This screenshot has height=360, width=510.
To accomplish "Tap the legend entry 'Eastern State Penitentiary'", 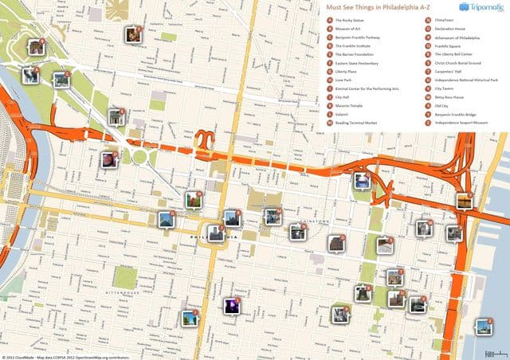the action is tap(359, 63).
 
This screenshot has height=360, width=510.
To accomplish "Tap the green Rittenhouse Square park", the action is tap(124, 276).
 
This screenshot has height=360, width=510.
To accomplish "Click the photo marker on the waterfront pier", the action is tap(483, 327).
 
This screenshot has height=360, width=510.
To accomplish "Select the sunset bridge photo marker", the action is tap(464, 200).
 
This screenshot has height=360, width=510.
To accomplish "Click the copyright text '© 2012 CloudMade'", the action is tap(24, 356).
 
